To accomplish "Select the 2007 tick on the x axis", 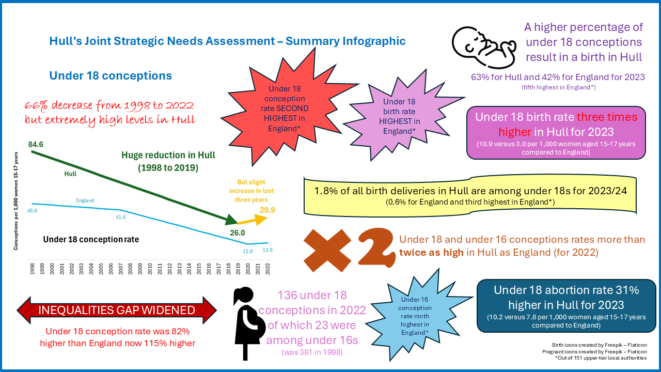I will [121, 269].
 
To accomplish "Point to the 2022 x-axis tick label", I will [267, 269].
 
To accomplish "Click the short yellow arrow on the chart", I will [253, 221].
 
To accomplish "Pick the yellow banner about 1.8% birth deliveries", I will [470, 195].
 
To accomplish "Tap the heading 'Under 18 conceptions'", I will [111, 75].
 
